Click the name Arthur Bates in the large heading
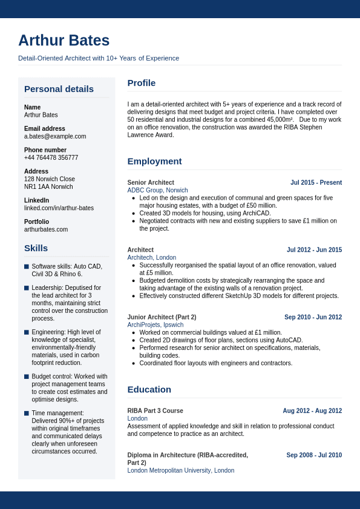coord(64,41)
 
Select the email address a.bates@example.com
coord(55,136)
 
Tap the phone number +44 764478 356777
coord(51,157)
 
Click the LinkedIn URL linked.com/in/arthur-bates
coord(59,208)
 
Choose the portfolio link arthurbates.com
coord(46,229)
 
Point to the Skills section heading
coord(36,248)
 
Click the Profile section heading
coord(141,83)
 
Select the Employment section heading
coord(154,161)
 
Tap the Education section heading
coord(149,389)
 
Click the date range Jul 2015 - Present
coord(316,182)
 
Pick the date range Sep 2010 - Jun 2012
coord(313,317)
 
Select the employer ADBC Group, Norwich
coord(157,190)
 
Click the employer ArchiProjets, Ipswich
coord(155,325)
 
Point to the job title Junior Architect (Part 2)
coord(162,317)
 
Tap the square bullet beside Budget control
coord(27,376)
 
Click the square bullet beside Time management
coord(27,413)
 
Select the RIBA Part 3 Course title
coord(155,411)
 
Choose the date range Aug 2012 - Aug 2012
coord(312,411)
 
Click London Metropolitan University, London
coord(180,470)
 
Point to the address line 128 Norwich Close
coord(50,179)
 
